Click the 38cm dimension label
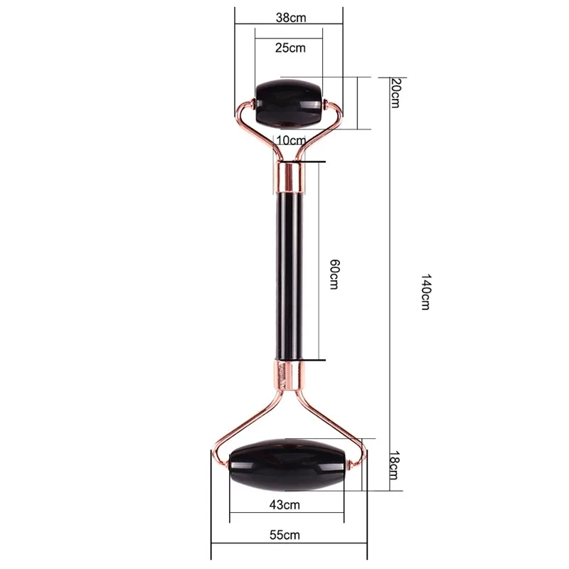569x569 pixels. [x=291, y=17]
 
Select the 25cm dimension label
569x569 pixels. [x=290, y=48]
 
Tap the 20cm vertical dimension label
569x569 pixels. [x=395, y=93]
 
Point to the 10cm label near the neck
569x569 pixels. [x=291, y=139]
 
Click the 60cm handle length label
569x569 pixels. [x=334, y=274]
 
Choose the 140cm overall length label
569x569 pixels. [x=425, y=292]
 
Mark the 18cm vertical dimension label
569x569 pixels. [x=394, y=465]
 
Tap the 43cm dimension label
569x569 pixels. [x=285, y=504]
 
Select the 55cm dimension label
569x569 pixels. [x=285, y=535]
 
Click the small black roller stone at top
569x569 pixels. [x=289, y=104]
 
